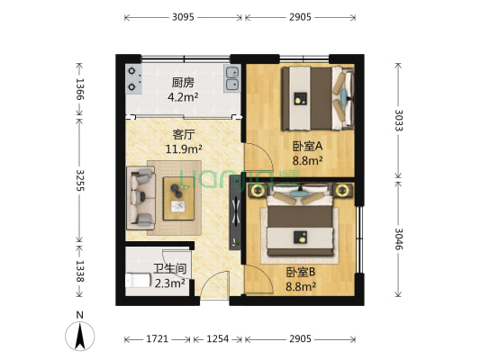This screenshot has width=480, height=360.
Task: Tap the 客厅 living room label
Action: [x=185, y=135]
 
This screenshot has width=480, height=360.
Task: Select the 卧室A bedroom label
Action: [x=306, y=146]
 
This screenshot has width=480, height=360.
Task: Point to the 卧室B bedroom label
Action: [x=301, y=273]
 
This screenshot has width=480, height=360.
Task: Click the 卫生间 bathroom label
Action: [x=169, y=268]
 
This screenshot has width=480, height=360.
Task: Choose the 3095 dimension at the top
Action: [x=183, y=17]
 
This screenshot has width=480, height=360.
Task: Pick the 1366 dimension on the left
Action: [x=80, y=88]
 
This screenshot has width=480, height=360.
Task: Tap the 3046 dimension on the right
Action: [x=398, y=238]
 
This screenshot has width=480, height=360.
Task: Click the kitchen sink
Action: [x=232, y=79]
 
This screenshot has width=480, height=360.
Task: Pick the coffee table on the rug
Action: [x=177, y=195]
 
